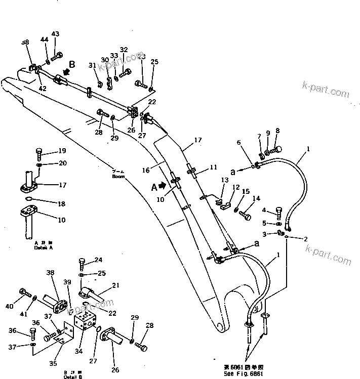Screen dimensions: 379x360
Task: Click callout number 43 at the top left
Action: click(55, 34)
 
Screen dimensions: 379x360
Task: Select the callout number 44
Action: click(45, 39)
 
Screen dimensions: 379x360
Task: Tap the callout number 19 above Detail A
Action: click(62, 150)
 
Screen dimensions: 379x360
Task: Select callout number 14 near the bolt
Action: click(256, 199)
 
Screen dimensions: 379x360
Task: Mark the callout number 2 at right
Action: click(306, 238)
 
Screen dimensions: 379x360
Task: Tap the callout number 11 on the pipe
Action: click(213, 166)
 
